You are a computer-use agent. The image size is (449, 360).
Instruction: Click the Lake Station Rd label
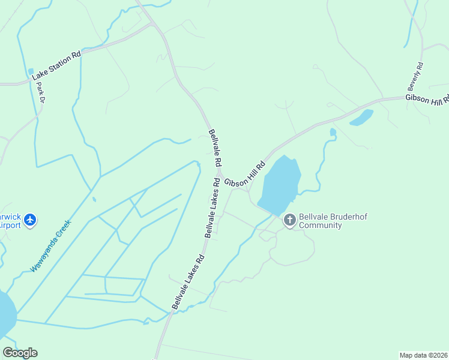click(x=56, y=65)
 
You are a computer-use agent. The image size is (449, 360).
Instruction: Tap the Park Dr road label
click(x=41, y=91)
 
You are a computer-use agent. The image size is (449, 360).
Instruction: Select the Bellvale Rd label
click(x=215, y=148)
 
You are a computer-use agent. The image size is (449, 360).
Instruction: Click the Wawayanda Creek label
click(x=51, y=245)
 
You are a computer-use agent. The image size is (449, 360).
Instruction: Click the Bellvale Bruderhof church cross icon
click(x=289, y=220)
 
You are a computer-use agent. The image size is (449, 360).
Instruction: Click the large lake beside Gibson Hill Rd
click(x=279, y=183)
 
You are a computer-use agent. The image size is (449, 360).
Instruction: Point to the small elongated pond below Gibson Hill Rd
click(x=361, y=117)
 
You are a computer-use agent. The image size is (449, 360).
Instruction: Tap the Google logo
click(x=20, y=353)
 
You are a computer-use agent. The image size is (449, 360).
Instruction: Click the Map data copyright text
click(x=424, y=355)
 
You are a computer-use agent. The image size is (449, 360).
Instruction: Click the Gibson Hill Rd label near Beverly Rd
click(x=427, y=99)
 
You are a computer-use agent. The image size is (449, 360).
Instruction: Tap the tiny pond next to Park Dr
click(x=31, y=72)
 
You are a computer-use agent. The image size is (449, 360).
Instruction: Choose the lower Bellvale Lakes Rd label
click(x=188, y=282)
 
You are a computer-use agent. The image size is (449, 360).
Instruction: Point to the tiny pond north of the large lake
click(x=333, y=132)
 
